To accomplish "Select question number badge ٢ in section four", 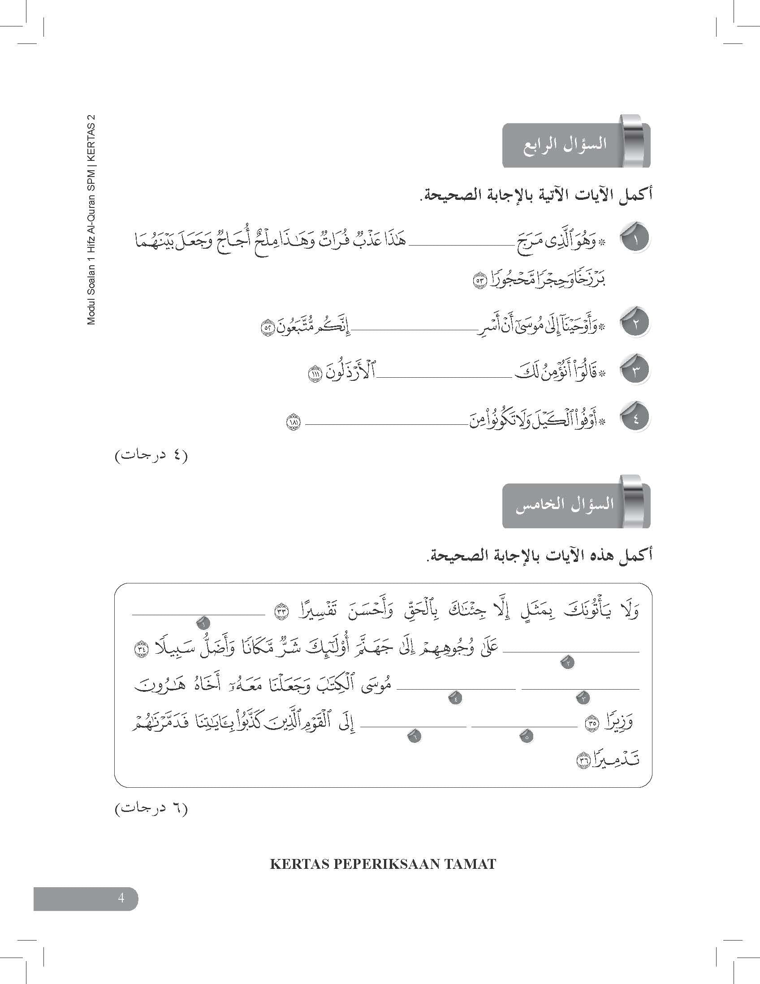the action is pyautogui.click(x=635, y=324).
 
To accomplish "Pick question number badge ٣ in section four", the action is pyautogui.click(x=635, y=371).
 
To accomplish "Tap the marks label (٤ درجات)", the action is pyautogui.click(x=151, y=456).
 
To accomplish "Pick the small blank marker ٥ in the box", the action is pyautogui.click(x=526, y=737).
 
